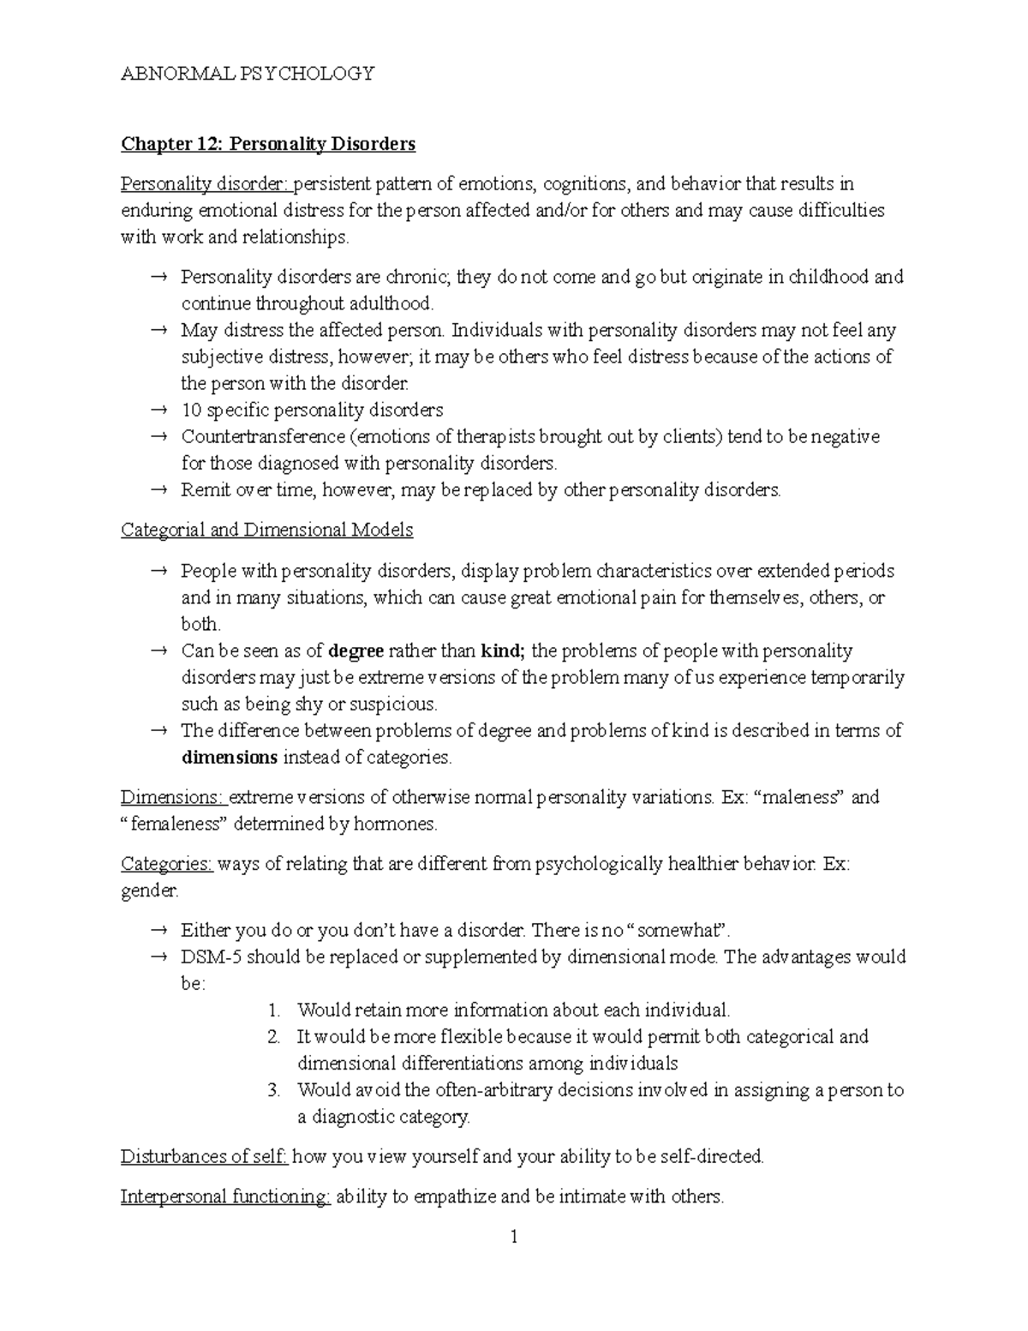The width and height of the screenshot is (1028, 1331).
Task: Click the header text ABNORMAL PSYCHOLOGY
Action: point(248,74)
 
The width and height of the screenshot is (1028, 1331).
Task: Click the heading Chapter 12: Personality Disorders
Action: point(268,144)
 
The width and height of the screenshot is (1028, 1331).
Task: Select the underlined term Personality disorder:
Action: point(206,184)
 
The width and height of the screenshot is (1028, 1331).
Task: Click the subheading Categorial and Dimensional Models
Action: point(267,531)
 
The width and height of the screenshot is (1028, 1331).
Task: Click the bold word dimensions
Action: point(230,758)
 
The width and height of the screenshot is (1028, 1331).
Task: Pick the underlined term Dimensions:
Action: point(173,798)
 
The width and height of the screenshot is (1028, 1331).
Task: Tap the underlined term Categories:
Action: point(167,864)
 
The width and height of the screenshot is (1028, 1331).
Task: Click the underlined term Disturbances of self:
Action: point(204,1157)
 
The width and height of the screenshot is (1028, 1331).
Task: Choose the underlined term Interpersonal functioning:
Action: point(225,1197)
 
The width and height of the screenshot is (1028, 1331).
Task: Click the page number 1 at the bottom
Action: point(514,1238)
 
